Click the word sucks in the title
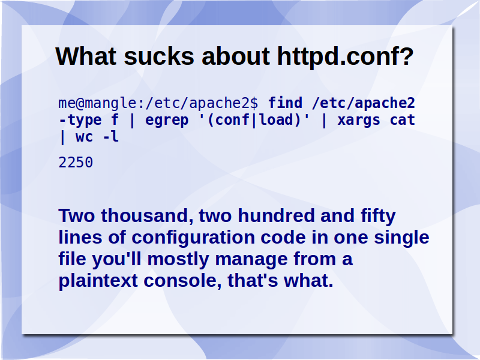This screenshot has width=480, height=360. [x=159, y=56]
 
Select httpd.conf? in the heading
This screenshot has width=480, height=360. [x=346, y=56]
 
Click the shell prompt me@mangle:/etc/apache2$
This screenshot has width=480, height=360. [x=158, y=103]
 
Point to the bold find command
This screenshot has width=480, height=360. [x=286, y=103]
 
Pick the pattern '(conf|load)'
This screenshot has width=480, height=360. [x=254, y=120]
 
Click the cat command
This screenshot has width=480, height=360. [x=402, y=120]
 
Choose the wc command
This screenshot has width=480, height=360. [x=84, y=137]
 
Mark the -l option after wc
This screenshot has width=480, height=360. [x=110, y=137]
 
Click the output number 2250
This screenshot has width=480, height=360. [x=76, y=162]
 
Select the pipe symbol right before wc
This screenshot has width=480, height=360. [x=63, y=137]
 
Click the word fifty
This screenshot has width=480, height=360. [x=379, y=217]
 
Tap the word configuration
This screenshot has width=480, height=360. [x=193, y=238]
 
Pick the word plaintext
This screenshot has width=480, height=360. [x=98, y=281]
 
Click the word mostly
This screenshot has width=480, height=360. [x=178, y=260]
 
